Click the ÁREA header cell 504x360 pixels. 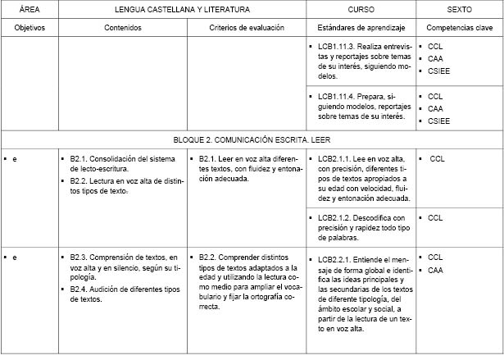29,9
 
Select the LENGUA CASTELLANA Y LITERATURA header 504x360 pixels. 181,9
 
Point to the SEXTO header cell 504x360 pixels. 459,9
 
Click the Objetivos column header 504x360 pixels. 29,28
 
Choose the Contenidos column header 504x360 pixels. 123,28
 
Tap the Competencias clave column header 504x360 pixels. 459,28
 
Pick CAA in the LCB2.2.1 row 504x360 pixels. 436,269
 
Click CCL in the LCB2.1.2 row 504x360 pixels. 436,218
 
